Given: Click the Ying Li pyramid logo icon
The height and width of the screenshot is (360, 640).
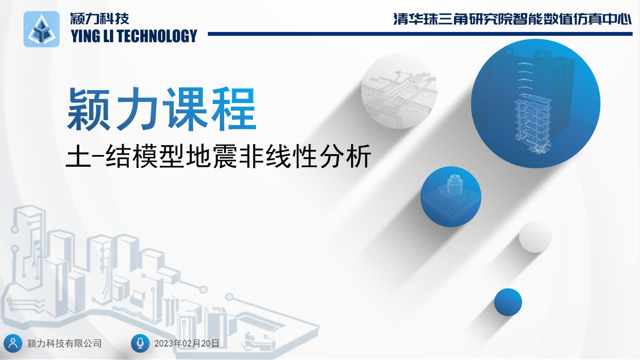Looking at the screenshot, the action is (x=41, y=29).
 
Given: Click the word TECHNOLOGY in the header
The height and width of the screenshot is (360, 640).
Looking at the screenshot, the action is (x=157, y=36).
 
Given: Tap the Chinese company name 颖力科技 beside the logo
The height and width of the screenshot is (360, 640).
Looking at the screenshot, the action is (x=100, y=19).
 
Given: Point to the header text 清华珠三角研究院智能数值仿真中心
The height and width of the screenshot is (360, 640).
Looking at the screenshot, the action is (x=512, y=19).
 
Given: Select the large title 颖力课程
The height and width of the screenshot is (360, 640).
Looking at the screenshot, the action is (x=161, y=109).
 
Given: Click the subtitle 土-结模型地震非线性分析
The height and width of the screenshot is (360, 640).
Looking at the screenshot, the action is (x=218, y=157).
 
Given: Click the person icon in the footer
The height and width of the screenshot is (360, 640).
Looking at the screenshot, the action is (x=13, y=343).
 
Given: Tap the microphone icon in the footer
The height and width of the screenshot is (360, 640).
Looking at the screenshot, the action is (x=140, y=343).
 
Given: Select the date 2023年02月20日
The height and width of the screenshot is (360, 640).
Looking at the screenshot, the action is (x=187, y=343).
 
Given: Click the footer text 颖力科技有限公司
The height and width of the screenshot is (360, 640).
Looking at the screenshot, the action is (x=64, y=343).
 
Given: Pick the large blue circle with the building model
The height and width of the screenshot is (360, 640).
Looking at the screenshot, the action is (x=535, y=104).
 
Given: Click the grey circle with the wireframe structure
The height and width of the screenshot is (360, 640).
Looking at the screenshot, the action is (x=399, y=91).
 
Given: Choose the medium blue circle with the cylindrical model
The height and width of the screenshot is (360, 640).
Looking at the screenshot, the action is (x=451, y=197).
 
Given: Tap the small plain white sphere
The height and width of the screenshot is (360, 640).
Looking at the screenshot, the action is (x=535, y=236).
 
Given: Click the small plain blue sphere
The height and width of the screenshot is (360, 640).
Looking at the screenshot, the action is (x=508, y=302).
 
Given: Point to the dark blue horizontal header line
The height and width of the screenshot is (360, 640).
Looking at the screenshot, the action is (x=420, y=34).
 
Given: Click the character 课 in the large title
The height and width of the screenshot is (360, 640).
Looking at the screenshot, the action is (x=187, y=109).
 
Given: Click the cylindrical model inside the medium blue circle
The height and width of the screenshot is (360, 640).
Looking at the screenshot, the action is (x=454, y=184).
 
